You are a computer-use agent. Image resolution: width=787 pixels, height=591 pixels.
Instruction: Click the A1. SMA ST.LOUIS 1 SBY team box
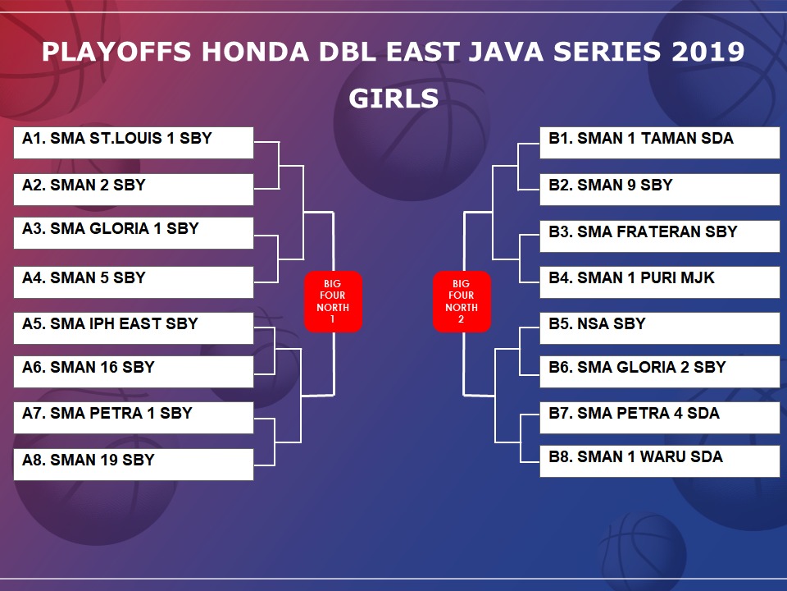(x=134, y=143)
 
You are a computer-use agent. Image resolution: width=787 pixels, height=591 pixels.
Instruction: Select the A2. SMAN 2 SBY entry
(x=134, y=190)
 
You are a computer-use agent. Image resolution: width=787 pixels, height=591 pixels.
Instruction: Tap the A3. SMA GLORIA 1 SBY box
(x=134, y=233)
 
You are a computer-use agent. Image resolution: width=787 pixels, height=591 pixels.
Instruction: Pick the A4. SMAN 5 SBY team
(x=134, y=282)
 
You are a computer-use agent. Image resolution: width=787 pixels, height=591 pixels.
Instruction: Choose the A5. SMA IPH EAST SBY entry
(x=134, y=328)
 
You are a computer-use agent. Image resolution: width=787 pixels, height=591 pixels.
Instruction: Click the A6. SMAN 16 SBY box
(x=134, y=372)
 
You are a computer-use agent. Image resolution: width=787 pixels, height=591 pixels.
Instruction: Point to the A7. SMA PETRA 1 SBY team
(x=134, y=418)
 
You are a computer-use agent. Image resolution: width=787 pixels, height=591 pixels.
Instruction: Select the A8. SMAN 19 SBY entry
(x=134, y=465)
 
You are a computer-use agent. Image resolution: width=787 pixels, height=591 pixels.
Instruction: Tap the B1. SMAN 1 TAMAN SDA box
(x=659, y=143)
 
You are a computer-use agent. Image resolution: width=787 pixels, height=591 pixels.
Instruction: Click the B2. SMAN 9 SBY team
(x=659, y=190)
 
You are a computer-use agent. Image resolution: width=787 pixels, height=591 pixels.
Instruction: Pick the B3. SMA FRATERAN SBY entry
(x=659, y=236)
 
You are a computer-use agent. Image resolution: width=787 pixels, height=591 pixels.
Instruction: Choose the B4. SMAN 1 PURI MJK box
(x=659, y=282)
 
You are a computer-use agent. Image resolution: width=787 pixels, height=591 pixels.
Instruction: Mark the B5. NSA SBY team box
(x=659, y=328)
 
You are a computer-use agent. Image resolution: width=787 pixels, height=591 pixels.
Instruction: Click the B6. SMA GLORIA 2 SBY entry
(x=659, y=372)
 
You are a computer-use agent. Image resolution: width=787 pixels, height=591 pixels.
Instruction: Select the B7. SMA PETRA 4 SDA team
(x=659, y=418)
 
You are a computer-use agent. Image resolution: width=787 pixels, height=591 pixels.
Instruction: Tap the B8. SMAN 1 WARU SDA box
(x=659, y=461)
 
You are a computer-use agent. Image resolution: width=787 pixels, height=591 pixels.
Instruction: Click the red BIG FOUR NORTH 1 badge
(x=334, y=301)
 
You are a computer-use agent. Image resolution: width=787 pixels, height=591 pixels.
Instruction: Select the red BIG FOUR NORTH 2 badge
(x=462, y=301)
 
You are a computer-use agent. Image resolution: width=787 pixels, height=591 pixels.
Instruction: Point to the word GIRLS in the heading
(x=394, y=98)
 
